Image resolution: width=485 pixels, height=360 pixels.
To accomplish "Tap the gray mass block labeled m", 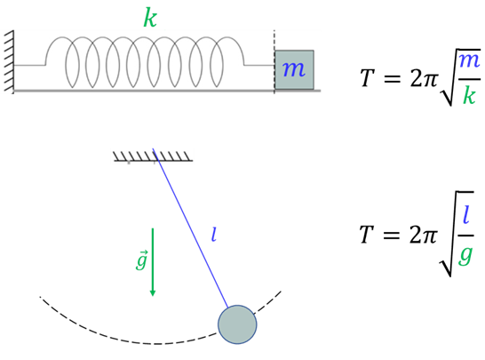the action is [295, 70].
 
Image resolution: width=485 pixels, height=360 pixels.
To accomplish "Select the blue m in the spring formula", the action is [469, 60].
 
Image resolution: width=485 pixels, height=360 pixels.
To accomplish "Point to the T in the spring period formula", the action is [368, 77].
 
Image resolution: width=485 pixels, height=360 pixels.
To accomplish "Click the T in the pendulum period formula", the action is [367, 235].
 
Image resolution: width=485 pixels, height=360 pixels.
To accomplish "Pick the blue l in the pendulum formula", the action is [466, 214].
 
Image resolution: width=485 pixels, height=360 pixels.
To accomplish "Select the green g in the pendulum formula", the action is [465, 255].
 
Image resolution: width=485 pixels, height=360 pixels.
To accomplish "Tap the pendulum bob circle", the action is [237, 324].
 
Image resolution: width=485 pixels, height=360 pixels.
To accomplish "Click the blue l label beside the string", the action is [213, 235].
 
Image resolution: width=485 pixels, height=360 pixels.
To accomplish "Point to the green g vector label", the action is [141, 260].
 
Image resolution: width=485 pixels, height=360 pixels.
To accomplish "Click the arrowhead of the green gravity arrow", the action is [152, 292].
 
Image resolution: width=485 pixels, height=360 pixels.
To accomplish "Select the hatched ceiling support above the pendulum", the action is [153, 156].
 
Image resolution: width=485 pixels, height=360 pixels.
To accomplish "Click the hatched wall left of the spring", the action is [9, 61].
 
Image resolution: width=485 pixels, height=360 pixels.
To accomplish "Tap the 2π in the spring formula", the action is [424, 77].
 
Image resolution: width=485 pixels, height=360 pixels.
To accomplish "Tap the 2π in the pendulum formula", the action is [424, 235].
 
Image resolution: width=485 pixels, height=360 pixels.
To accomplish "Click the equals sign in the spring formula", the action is [392, 78].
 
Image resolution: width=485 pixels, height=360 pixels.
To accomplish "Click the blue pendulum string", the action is [190, 228].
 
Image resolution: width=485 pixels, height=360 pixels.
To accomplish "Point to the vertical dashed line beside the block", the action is [274, 61].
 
